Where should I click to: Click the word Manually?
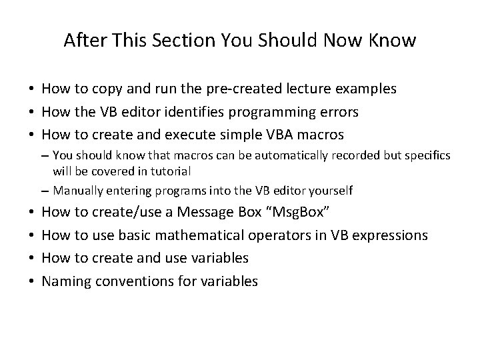point(75,191)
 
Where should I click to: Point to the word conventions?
point(138,281)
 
